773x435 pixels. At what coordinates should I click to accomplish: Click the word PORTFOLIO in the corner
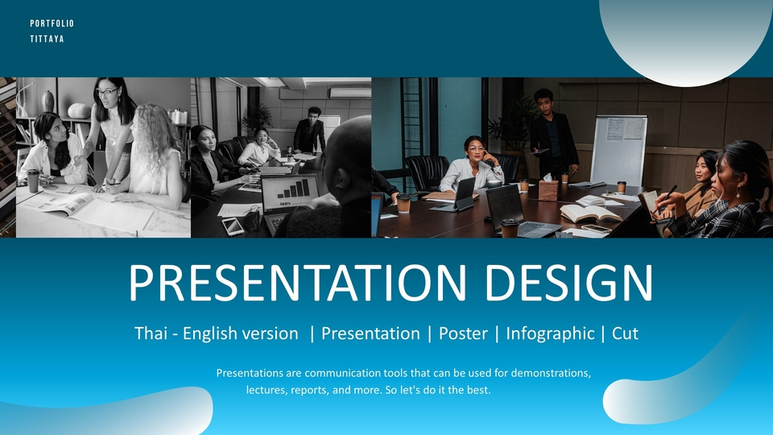[52, 23]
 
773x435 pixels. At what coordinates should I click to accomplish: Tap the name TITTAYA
[47, 39]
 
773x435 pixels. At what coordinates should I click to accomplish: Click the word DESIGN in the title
[569, 283]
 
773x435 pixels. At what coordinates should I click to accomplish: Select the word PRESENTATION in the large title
[297, 283]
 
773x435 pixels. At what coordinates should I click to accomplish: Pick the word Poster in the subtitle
[463, 333]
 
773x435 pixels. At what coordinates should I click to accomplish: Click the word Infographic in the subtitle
[550, 333]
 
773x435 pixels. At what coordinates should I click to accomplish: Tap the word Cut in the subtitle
[625, 333]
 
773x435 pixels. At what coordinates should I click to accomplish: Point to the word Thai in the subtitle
[151, 333]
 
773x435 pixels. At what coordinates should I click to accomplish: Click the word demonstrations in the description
[551, 373]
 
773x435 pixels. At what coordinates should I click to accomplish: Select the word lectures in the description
[267, 390]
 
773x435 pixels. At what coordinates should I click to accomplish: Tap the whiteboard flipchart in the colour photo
[618, 150]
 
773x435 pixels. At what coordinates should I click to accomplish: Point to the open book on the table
[590, 213]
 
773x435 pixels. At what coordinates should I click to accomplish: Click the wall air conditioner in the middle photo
[350, 93]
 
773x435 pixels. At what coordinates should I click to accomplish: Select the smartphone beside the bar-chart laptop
[233, 226]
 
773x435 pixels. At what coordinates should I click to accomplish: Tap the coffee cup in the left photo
[33, 180]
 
